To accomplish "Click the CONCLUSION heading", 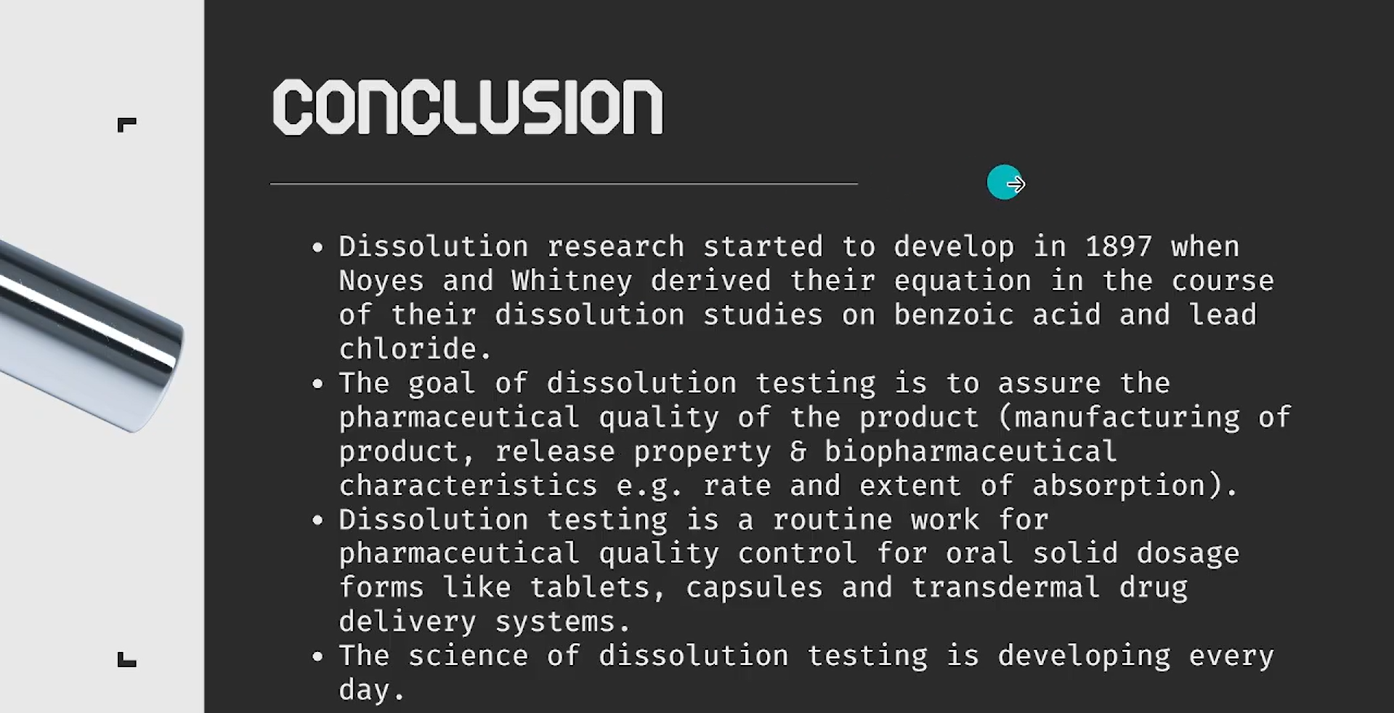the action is coord(468,107).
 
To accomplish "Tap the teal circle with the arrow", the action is coord(1005,182).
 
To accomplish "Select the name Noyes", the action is coord(381,281).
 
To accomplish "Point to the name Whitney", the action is coord(572,281).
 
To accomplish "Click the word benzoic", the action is coord(953,315).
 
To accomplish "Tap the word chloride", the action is coord(408,349).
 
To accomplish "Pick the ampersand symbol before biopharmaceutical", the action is coord(798,451).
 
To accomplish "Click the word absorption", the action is coord(1119,486).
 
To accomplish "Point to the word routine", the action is coord(832,520).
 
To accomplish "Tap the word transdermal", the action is coord(1005,587).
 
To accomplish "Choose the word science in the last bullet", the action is coord(468,656).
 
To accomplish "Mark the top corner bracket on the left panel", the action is coord(127,125).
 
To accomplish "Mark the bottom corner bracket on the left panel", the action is coord(127,659).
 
